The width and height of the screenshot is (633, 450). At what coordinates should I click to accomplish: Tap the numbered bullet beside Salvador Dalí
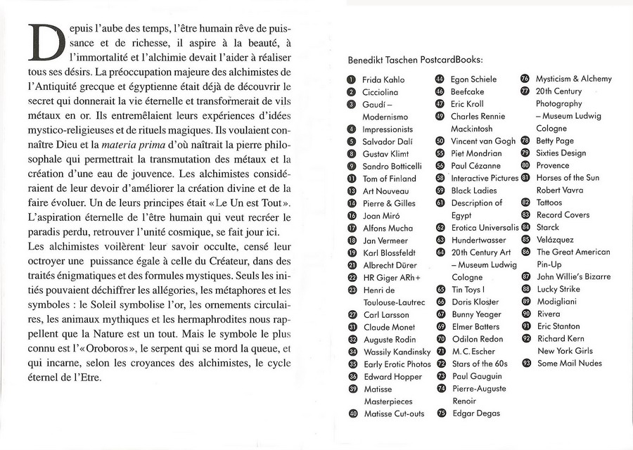coord(352,141)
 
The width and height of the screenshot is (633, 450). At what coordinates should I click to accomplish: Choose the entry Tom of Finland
coord(389,178)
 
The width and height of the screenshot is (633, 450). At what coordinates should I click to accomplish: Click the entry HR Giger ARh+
coord(390,278)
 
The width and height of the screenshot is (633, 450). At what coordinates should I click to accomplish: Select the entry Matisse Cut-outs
coord(394,413)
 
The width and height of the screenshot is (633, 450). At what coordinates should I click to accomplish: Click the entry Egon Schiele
coord(473,79)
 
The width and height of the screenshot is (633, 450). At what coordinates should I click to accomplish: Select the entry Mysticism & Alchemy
coord(573,79)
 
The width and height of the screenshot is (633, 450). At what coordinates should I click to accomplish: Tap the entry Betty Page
coord(555,141)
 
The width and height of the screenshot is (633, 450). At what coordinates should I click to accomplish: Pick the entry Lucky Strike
coord(558,289)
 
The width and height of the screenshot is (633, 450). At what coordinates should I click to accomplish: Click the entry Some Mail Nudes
coord(569,363)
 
